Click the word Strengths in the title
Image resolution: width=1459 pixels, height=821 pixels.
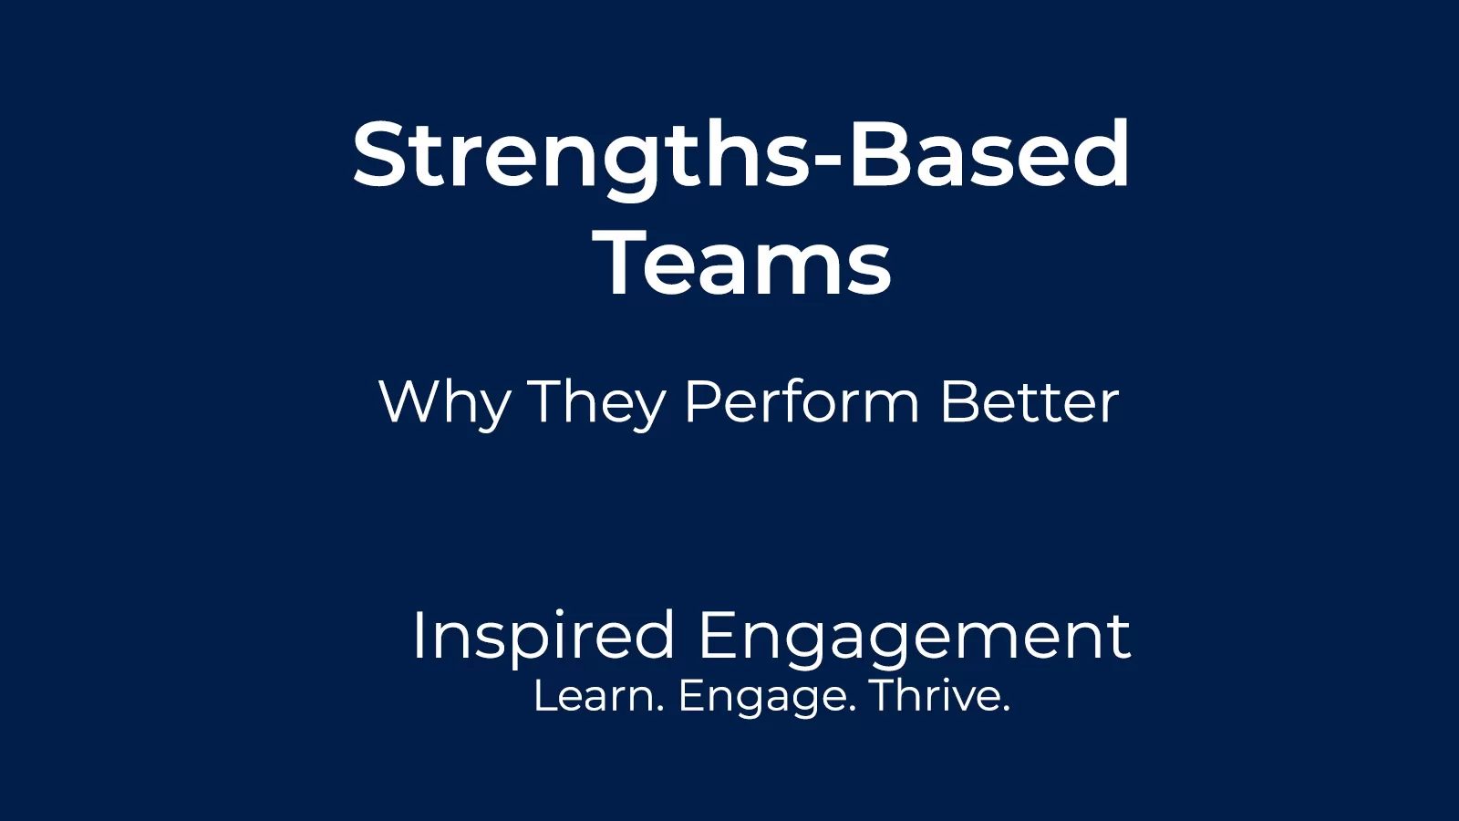point(580,155)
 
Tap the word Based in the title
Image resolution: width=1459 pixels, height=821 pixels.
point(989,155)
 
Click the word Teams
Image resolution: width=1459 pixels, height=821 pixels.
point(742,264)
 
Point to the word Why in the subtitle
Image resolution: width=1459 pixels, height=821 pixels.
point(444,402)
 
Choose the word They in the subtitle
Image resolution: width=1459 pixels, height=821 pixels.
point(597,402)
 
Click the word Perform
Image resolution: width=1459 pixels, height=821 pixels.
point(802,402)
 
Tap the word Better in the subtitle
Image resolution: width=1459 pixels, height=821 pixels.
point(1030,402)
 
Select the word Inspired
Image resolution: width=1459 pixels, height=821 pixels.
point(543,636)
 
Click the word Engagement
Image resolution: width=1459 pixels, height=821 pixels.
point(915,636)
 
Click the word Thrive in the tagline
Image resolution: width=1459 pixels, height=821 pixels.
point(936,696)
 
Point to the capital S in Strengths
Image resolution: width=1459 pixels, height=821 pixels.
point(379,155)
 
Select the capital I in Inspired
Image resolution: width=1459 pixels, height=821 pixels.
point(419,635)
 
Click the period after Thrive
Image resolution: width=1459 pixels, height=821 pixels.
point(1006,709)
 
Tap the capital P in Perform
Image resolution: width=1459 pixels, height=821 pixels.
point(701,401)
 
